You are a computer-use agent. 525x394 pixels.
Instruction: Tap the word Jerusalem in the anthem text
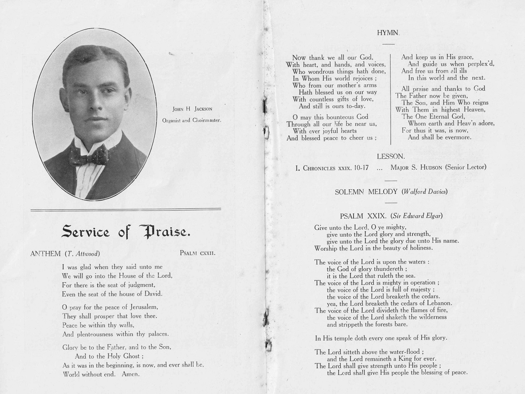(x=141, y=308)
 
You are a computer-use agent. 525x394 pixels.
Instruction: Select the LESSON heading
(x=391, y=157)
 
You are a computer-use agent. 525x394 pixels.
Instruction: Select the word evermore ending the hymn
(x=455, y=137)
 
